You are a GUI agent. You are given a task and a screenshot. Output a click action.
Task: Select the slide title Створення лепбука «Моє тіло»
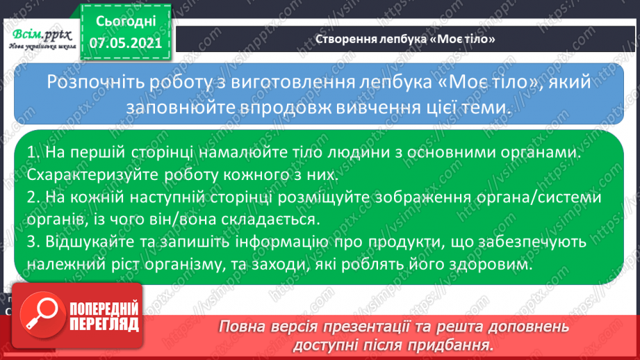click(x=405, y=39)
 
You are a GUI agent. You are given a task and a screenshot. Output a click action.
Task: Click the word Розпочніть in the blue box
click(x=89, y=83)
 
